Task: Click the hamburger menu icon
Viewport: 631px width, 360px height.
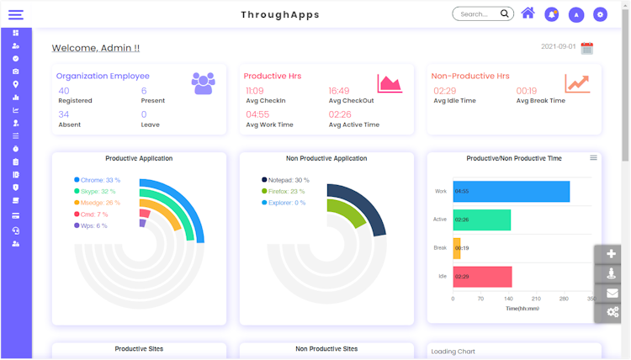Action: [x=15, y=14]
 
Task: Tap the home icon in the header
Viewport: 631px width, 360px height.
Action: [x=528, y=13]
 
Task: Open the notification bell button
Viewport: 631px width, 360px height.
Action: [x=552, y=14]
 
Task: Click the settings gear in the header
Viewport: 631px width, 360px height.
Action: [x=600, y=14]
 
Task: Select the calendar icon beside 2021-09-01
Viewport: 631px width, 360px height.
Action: [x=587, y=48]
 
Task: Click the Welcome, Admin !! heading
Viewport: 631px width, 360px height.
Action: [x=96, y=49]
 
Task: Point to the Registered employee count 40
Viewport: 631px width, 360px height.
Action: [x=64, y=91]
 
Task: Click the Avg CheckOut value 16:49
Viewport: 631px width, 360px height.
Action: [x=339, y=91]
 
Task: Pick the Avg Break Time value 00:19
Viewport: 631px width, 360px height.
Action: [x=527, y=91]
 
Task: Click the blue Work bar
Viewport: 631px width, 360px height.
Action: [x=511, y=192]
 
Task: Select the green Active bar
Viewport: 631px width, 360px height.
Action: [x=481, y=220]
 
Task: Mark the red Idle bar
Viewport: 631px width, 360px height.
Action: [x=482, y=277]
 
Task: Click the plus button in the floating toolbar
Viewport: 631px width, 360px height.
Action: [x=612, y=254]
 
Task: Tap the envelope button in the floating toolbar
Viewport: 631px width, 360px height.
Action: [x=612, y=293]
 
